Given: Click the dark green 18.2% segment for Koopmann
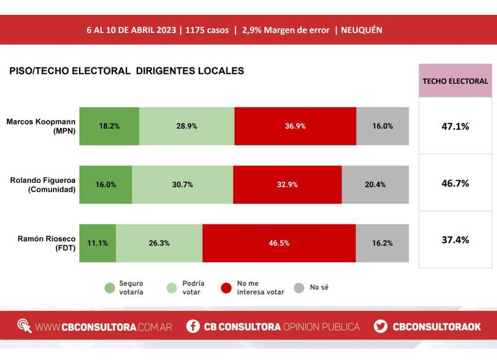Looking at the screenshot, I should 109,126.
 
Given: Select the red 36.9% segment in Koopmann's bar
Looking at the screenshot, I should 295,126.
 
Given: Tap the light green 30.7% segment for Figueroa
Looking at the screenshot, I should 183,184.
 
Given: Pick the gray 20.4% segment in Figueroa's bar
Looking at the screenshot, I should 375,184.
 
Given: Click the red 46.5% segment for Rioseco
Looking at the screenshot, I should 279,242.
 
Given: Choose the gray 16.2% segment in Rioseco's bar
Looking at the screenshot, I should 382,242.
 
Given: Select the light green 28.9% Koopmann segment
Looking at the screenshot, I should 186,126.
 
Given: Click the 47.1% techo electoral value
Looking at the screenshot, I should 455,126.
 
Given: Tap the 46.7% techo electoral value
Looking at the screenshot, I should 455,184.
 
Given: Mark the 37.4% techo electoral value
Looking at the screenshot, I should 455,240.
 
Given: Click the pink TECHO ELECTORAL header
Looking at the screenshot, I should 455,81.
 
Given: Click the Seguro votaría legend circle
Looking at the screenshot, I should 109,288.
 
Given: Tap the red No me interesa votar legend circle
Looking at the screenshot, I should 227,288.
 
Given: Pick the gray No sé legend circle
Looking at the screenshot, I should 299,288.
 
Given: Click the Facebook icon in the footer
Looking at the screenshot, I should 193,326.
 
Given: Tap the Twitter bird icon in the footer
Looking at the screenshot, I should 381,326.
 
